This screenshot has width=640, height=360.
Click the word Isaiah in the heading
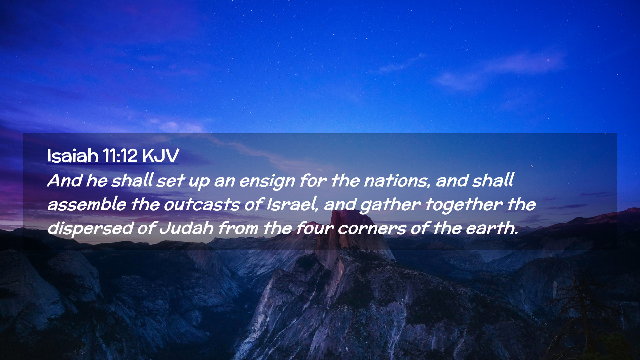tap(73, 156)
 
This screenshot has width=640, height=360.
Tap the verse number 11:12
tap(120, 156)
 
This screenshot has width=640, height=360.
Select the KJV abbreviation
tap(160, 156)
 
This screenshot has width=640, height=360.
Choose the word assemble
tap(87, 204)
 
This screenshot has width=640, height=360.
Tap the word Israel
tap(293, 204)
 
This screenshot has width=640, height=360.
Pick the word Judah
tap(186, 228)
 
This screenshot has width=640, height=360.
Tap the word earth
tap(492, 228)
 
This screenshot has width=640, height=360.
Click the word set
tap(170, 181)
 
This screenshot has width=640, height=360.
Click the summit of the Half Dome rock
tap(350, 212)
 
